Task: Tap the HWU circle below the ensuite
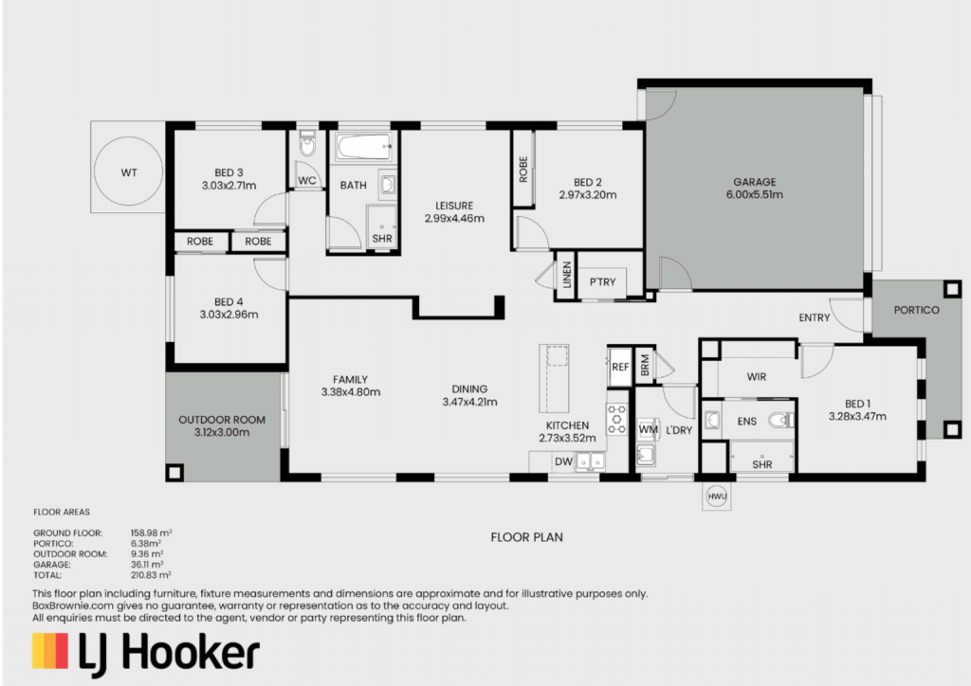(717, 496)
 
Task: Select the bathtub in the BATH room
(364, 147)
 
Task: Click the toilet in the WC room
(307, 143)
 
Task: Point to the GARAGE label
(754, 182)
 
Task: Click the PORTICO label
(916, 310)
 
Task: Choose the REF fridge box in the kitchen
(619, 367)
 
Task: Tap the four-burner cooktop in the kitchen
(616, 419)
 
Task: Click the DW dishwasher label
(563, 461)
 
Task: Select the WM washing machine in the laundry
(648, 429)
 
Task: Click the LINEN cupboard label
(567, 275)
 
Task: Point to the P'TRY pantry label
(602, 282)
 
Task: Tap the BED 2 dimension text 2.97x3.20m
(588, 195)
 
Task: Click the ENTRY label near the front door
(814, 317)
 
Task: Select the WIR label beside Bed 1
(756, 377)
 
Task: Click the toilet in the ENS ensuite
(781, 421)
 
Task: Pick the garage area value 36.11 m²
(147, 565)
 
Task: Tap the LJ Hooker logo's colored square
(50, 651)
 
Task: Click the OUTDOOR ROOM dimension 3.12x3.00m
(222, 432)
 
